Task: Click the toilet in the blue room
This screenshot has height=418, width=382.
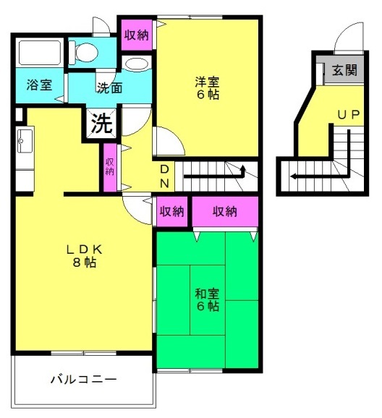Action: (83, 52)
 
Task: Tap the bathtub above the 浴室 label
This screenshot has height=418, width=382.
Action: (40, 53)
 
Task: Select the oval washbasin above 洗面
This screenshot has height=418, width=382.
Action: (136, 64)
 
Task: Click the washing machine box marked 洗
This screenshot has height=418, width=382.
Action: (101, 124)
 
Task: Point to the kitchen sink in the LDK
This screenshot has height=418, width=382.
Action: (25, 141)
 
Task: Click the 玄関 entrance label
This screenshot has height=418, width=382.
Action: (344, 70)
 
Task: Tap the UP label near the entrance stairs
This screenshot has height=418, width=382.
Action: (349, 115)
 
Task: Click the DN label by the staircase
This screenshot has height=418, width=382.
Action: (164, 176)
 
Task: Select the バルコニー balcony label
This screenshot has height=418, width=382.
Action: (84, 379)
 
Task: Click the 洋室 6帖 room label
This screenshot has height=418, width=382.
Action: (207, 88)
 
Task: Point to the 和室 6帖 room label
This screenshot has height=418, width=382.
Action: (207, 299)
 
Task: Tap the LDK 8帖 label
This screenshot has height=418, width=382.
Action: (85, 256)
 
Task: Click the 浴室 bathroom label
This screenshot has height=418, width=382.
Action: (39, 85)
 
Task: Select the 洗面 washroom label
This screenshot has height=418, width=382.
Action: (110, 88)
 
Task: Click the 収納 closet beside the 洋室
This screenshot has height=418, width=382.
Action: (137, 35)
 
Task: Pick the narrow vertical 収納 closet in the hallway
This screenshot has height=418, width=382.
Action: (110, 167)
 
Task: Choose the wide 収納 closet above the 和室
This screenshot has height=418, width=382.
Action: (225, 212)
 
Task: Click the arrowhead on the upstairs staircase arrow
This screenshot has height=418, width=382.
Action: (243, 168)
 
